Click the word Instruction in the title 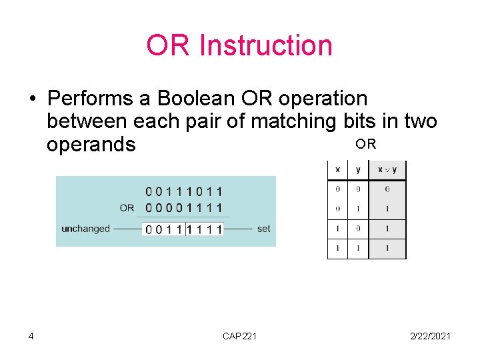[265, 45]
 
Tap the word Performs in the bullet [91, 99]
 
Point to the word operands [91, 144]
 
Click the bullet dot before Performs [31, 99]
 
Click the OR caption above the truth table [365, 144]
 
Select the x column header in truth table [337, 169]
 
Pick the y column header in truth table [358, 169]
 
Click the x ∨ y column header [387, 169]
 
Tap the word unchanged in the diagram [85, 229]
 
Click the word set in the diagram [263, 229]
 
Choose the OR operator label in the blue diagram [127, 207]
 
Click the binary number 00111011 [184, 192]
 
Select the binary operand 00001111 [184, 207]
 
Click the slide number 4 [31, 335]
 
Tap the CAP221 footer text [239, 335]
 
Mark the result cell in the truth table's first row [387, 189]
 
